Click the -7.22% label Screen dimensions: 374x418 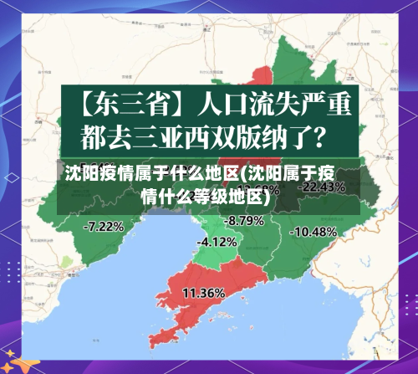coord(104,225)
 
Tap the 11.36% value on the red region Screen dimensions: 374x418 coord(203,293)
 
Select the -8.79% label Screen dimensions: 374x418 coord(245,221)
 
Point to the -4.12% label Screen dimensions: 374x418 coord(217,242)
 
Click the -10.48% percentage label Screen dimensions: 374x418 coord(315,231)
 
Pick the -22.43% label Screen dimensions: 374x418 coord(322,187)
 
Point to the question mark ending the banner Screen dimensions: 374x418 coord(329,134)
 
